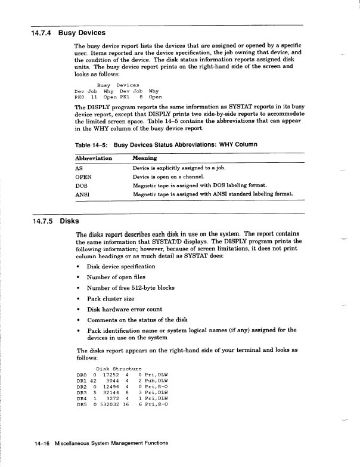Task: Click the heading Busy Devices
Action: [x=82, y=33]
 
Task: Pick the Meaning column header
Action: [x=146, y=159]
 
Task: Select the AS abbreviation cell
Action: [x=80, y=168]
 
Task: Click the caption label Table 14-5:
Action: [x=92, y=144]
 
